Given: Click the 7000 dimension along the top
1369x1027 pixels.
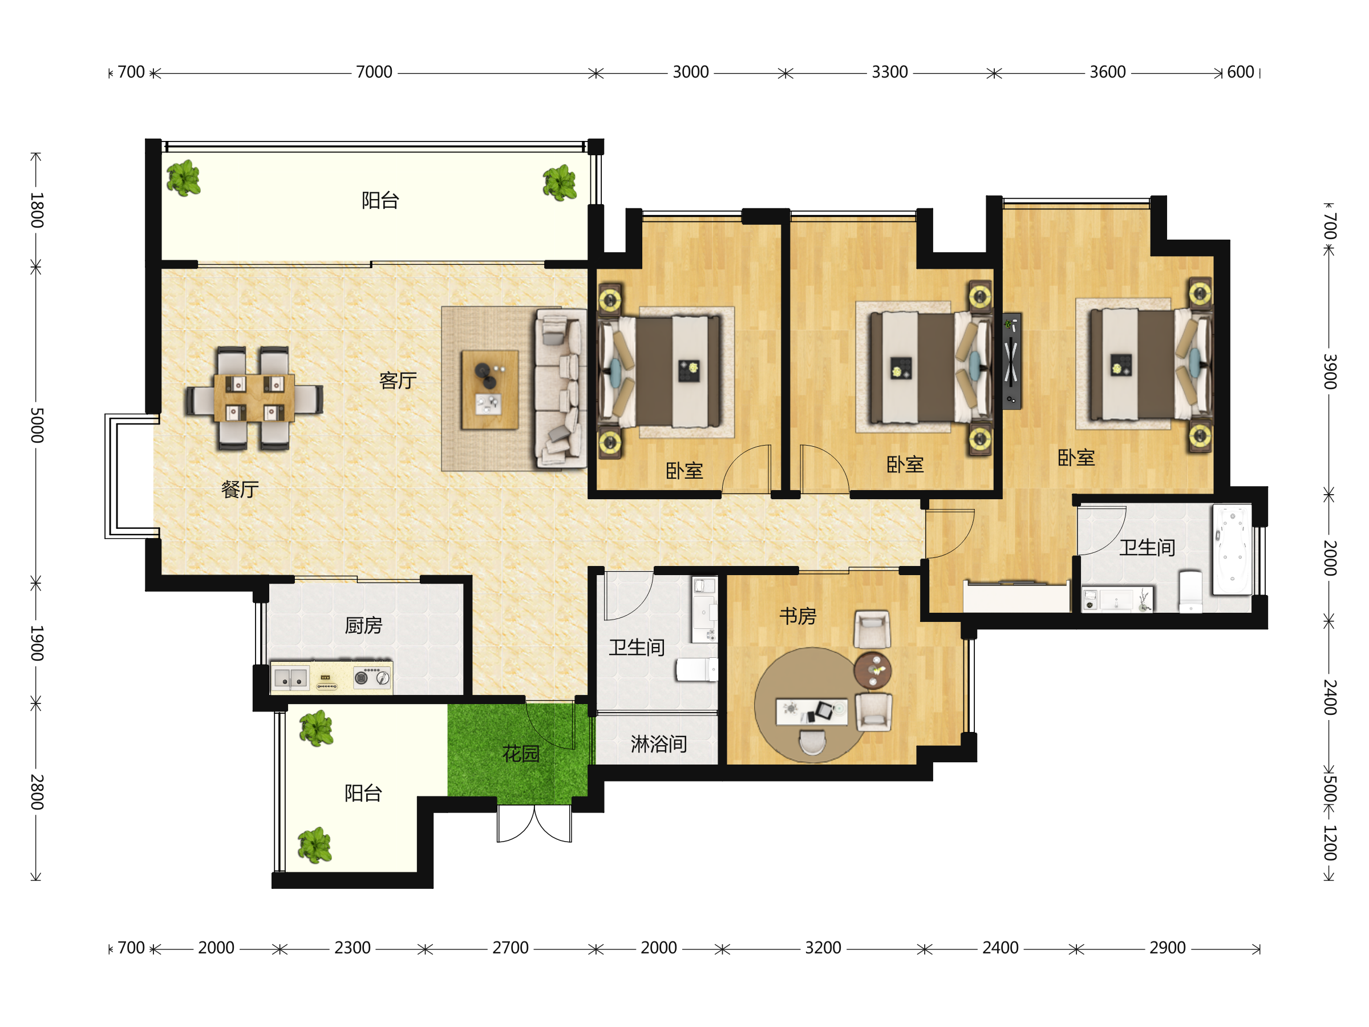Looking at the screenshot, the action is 374,72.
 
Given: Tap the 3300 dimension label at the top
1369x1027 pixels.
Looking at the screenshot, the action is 889,72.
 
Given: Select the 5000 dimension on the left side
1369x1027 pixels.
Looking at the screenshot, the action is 37,425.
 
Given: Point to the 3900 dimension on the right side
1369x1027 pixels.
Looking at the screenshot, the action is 1330,371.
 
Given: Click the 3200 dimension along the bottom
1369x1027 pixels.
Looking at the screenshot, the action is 823,948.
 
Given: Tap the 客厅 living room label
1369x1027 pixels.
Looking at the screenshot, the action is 398,380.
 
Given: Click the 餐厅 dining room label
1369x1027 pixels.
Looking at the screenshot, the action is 240,490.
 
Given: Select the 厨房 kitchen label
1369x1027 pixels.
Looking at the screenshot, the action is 363,626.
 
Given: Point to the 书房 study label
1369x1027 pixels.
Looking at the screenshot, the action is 798,616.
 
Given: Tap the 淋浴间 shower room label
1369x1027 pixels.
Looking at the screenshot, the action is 658,744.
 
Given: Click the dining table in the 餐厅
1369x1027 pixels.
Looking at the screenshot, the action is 254,398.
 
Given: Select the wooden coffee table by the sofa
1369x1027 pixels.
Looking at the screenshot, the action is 489,389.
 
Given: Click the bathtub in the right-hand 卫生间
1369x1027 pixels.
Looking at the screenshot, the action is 1232,549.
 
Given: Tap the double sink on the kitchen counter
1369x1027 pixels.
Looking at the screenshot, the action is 290,678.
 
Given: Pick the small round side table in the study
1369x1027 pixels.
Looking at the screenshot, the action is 873,670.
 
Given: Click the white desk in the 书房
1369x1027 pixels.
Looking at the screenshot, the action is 811,711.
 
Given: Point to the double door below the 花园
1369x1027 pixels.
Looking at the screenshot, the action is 534,824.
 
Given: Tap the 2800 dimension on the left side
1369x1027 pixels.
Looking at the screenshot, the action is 37,792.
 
